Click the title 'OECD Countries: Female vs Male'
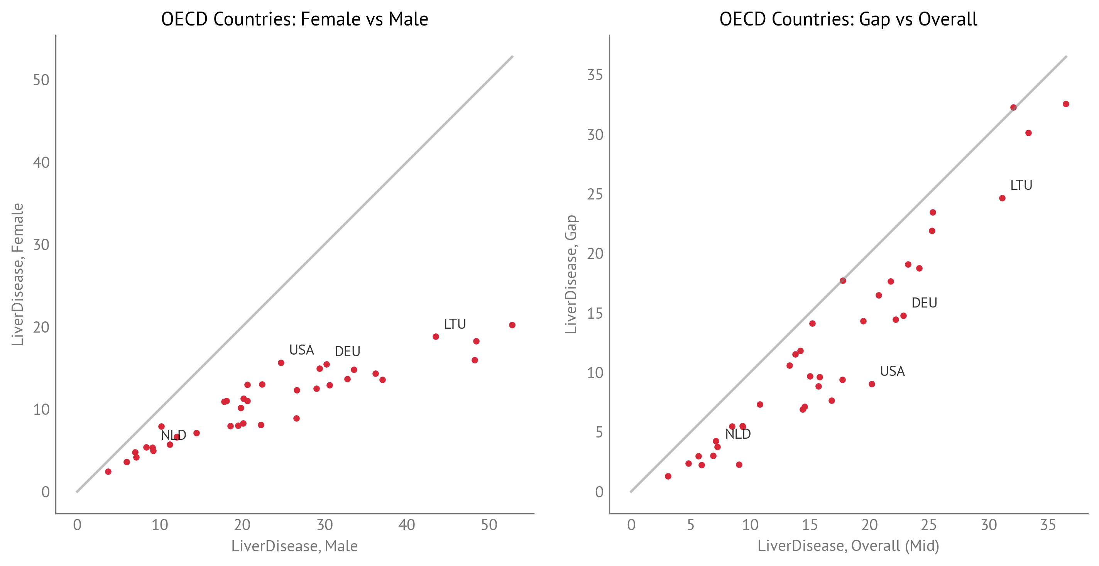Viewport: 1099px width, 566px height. point(294,19)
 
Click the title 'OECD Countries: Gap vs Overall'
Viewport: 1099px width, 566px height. point(848,19)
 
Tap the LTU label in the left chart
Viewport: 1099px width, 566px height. point(455,324)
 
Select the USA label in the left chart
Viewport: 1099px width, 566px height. point(301,350)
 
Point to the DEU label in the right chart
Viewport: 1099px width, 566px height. point(924,303)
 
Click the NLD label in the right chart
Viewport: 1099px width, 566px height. point(738,434)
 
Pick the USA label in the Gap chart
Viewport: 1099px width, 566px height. point(892,371)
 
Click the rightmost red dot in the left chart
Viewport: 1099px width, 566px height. point(512,325)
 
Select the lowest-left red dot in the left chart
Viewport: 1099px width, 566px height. point(108,471)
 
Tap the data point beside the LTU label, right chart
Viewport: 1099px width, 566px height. point(1002,198)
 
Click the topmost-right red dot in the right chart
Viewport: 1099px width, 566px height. point(1066,104)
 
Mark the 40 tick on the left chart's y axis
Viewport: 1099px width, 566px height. point(41,162)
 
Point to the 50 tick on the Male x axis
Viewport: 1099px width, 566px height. point(489,525)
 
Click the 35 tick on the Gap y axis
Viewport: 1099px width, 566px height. point(595,75)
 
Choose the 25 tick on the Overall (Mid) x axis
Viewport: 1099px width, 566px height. point(928,525)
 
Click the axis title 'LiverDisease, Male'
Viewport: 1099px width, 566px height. point(294,546)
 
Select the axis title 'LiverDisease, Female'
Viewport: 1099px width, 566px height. point(17,274)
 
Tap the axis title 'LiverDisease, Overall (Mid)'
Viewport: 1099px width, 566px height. point(848,546)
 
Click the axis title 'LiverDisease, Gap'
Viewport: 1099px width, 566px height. point(571,274)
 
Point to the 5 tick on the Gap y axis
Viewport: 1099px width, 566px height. point(599,433)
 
